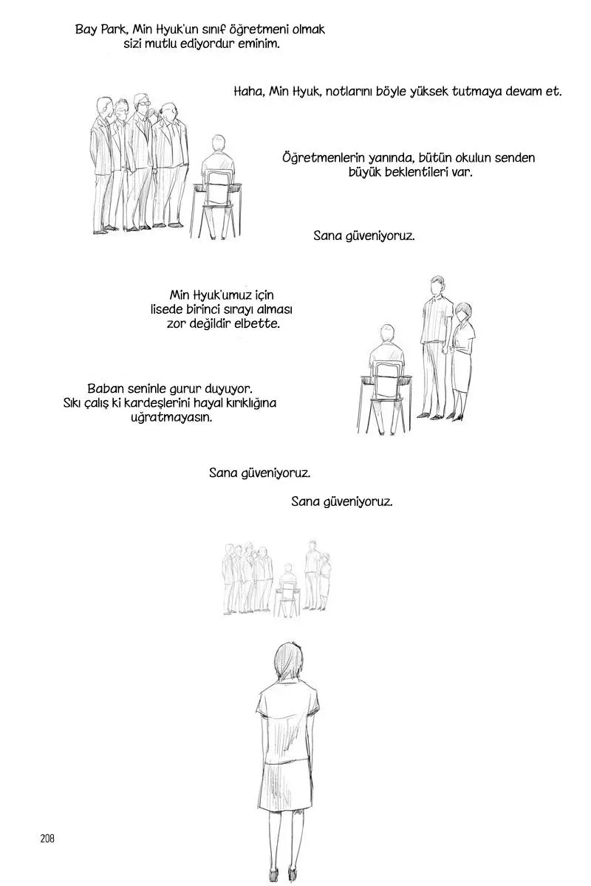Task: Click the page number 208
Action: (47, 838)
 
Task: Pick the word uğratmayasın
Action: (171, 418)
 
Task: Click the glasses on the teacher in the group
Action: (141, 103)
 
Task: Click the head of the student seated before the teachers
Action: (217, 142)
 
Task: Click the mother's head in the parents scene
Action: (462, 312)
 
